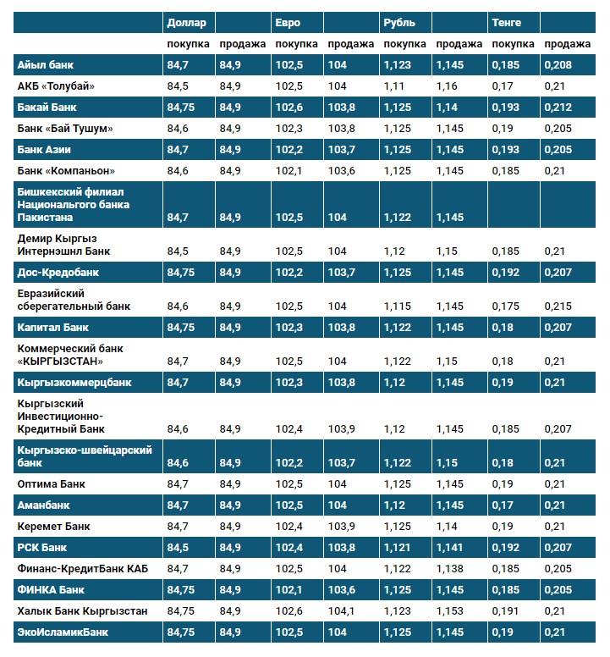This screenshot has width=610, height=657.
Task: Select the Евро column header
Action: [288, 23]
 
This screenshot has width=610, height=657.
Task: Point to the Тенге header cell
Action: [506, 23]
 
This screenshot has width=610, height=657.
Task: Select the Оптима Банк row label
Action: [52, 484]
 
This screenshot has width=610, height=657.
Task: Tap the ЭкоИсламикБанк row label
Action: [63, 632]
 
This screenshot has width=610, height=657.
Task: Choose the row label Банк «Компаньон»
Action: [66, 170]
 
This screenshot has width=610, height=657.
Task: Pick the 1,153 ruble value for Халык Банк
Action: [450, 610]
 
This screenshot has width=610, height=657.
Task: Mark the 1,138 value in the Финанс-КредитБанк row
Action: [450, 568]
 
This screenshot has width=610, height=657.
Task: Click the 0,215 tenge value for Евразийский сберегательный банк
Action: [558, 306]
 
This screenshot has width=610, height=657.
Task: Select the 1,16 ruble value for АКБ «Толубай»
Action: [447, 86]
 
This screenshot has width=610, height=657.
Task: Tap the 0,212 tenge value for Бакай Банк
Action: [558, 108]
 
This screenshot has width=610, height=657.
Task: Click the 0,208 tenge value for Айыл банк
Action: [558, 65]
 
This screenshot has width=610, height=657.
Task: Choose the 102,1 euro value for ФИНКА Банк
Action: [289, 589]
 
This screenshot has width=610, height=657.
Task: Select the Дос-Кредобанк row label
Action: [58, 273]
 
